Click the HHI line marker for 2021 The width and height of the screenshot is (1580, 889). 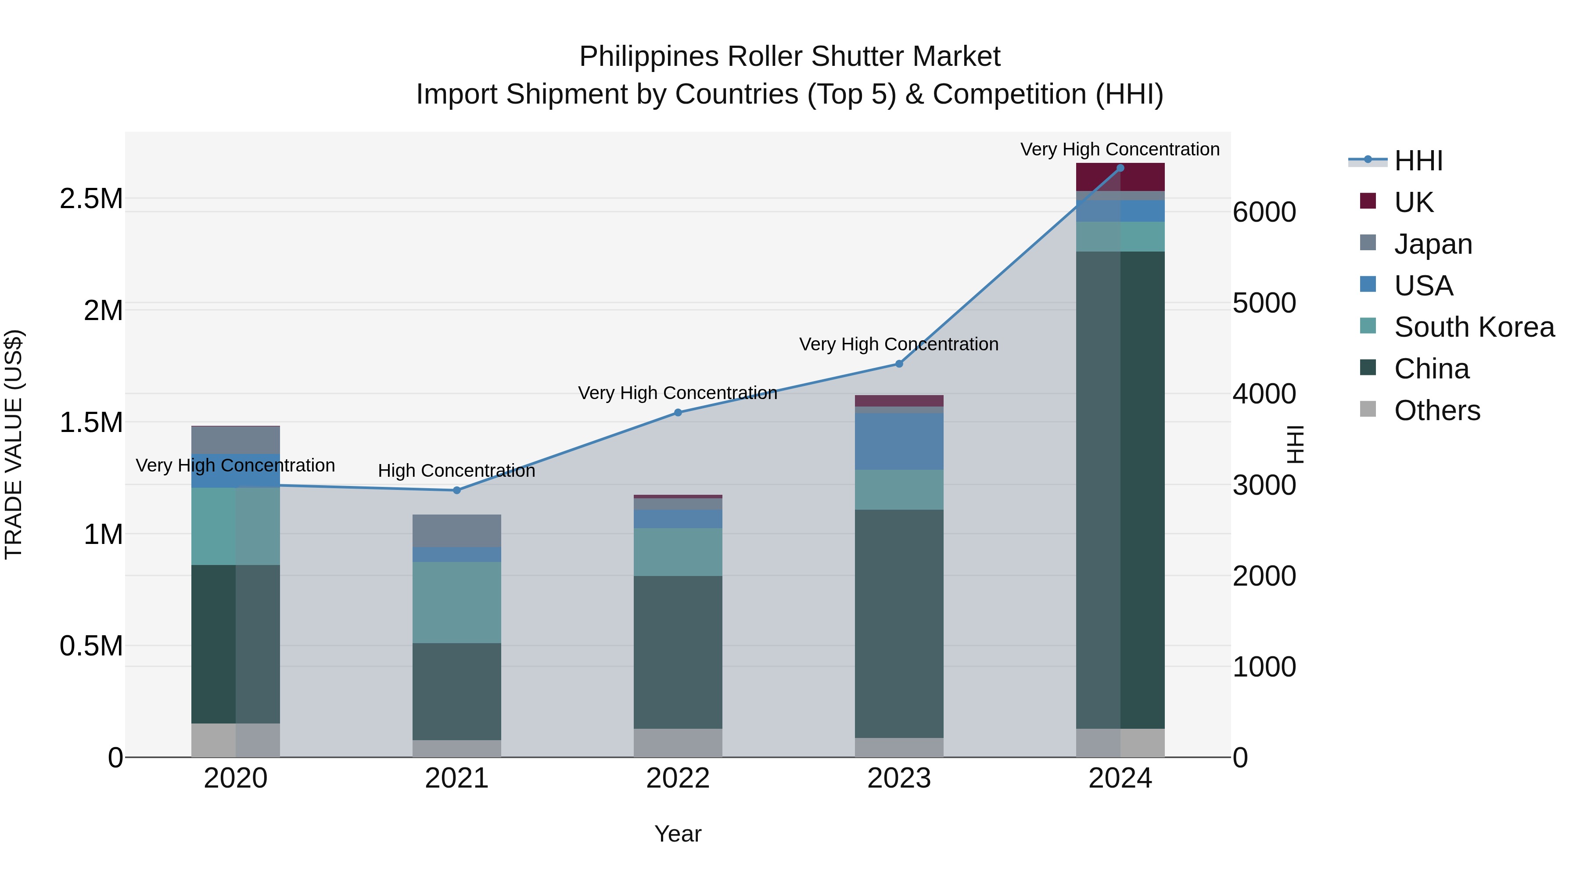[456, 490]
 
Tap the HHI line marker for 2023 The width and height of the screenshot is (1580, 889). [899, 364]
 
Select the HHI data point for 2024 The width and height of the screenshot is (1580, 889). [1120, 168]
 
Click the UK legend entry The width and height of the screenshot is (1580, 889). [1413, 202]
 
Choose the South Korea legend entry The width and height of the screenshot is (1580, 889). [1474, 327]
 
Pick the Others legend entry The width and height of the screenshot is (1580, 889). [1436, 410]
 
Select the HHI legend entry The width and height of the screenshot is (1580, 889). [1418, 161]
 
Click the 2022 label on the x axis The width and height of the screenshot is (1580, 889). [678, 778]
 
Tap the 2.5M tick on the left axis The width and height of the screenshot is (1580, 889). [91, 199]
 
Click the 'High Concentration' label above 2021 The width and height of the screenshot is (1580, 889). [456, 471]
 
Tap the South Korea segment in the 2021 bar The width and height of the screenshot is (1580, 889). [456, 602]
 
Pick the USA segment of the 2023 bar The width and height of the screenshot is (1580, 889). [899, 441]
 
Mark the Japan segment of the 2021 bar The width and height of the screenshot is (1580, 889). [456, 531]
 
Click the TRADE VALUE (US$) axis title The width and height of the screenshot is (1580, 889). [14, 444]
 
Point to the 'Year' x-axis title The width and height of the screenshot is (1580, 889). [678, 834]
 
